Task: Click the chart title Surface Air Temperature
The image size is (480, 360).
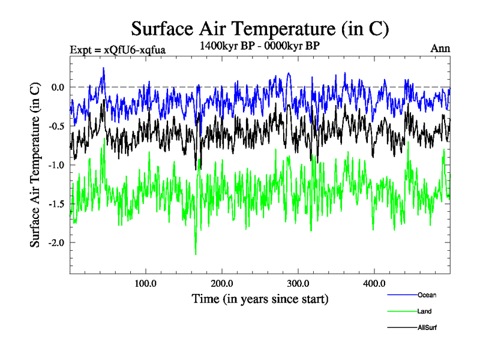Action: (260, 28)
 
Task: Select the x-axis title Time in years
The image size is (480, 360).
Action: (260, 298)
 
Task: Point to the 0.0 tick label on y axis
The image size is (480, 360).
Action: (56, 87)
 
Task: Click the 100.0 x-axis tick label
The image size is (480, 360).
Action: (146, 283)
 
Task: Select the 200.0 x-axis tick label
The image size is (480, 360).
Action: (222, 283)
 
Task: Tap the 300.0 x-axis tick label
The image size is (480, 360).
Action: (298, 283)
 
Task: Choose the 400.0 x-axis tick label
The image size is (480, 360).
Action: (374, 283)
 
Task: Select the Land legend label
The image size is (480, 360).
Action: (424, 311)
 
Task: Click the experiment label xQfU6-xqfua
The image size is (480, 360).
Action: (118, 49)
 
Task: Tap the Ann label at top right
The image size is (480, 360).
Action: (440, 48)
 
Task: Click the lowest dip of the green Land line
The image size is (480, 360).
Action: (196, 254)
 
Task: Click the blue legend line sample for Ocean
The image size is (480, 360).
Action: (401, 295)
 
